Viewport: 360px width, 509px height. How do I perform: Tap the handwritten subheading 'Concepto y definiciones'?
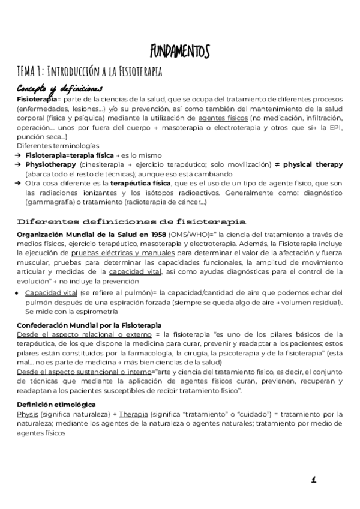tap(59, 88)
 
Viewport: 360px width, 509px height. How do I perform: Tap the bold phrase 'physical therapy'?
tap(313, 164)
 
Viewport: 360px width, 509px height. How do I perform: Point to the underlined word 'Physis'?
tap(27, 414)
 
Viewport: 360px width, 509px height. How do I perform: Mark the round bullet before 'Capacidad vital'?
tap(19, 292)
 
